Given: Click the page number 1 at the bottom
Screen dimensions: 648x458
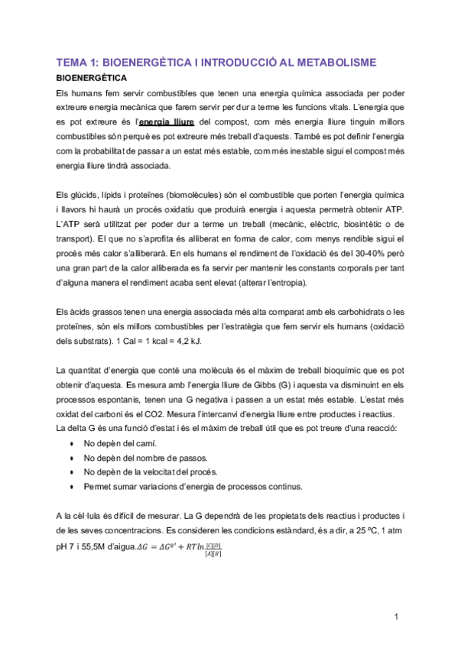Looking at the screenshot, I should click(x=397, y=617).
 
